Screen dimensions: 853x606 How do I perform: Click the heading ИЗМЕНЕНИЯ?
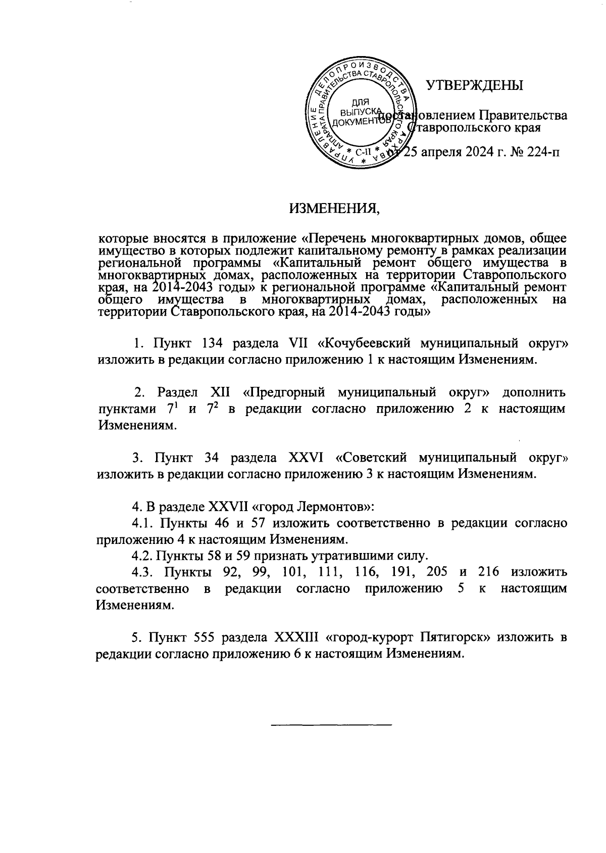coord(334,208)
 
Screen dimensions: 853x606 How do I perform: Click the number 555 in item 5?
coord(208,637)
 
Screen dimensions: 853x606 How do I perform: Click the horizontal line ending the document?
coord(332,725)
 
